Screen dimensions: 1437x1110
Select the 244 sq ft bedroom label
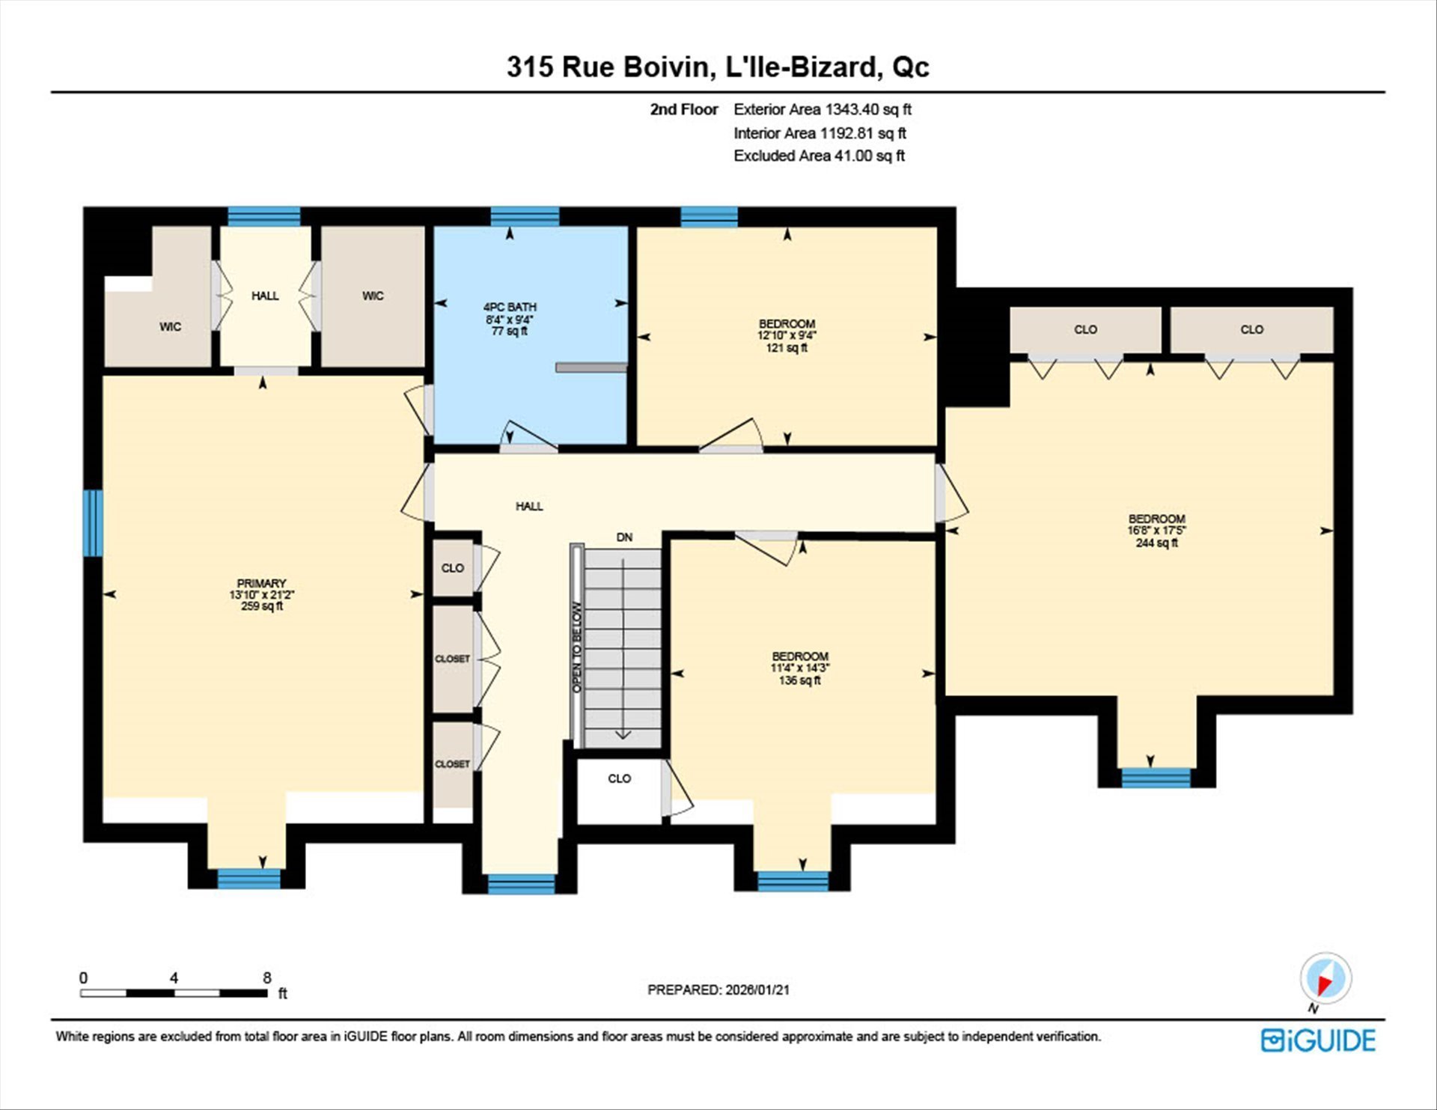click(x=1156, y=531)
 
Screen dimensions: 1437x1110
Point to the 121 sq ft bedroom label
click(x=787, y=336)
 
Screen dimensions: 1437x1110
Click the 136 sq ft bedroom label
click(x=799, y=668)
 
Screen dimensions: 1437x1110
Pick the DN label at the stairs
click(x=624, y=537)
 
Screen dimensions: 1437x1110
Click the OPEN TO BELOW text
click(x=577, y=647)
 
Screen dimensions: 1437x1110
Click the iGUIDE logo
click(x=1318, y=1040)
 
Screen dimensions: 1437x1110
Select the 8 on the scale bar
click(x=267, y=978)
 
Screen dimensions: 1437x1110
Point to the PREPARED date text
click(x=718, y=989)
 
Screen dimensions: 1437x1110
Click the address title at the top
click(x=718, y=67)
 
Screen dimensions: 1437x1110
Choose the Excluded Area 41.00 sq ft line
click(x=819, y=156)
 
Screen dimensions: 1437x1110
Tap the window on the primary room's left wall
click(x=93, y=523)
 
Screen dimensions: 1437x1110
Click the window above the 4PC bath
click(x=525, y=216)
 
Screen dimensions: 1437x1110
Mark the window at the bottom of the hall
click(x=522, y=884)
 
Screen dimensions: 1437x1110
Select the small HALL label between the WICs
click(x=265, y=296)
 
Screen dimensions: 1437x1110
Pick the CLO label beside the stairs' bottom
click(x=619, y=778)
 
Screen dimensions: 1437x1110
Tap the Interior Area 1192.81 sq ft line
click(x=820, y=133)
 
